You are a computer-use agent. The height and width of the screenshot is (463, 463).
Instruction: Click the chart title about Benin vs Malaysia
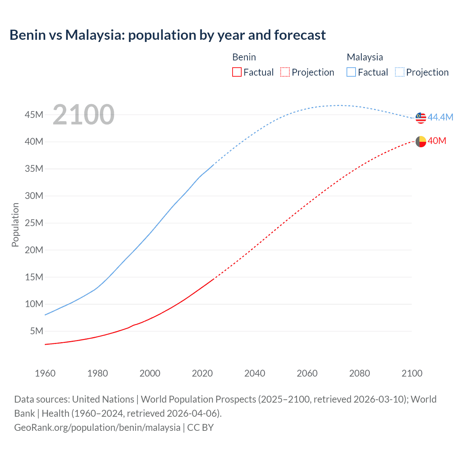click(x=167, y=35)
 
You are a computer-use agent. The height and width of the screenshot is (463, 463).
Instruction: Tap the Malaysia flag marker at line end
click(x=421, y=118)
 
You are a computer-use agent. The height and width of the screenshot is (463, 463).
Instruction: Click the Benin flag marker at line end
click(x=421, y=141)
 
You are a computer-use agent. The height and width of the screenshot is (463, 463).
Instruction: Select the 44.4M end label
click(x=440, y=117)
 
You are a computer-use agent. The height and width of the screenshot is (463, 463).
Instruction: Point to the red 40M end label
click(x=437, y=141)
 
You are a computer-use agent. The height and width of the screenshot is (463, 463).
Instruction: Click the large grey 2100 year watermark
click(x=84, y=115)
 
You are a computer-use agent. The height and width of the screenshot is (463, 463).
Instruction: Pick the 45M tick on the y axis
click(x=34, y=115)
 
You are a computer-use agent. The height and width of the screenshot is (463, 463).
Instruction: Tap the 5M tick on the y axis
click(x=37, y=331)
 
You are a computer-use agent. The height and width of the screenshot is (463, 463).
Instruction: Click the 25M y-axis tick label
click(x=34, y=223)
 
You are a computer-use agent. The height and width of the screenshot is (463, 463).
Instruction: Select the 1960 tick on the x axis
click(x=45, y=373)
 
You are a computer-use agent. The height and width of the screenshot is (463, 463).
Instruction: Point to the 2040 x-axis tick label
click(x=255, y=373)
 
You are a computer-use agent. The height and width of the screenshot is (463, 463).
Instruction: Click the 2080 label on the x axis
click(x=360, y=373)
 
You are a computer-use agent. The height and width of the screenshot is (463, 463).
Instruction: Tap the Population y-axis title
click(x=15, y=225)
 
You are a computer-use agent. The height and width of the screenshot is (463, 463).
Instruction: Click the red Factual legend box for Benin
click(x=237, y=72)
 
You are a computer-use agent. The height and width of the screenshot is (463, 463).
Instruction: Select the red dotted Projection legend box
click(x=285, y=72)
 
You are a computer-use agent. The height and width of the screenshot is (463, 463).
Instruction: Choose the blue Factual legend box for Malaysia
click(x=351, y=72)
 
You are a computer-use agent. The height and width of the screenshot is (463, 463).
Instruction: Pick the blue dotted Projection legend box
click(x=399, y=72)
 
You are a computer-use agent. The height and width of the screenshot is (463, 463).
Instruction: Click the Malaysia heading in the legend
click(x=365, y=57)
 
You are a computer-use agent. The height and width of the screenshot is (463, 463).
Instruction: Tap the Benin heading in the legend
click(x=244, y=57)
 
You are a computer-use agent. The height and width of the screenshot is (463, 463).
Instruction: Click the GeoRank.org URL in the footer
click(x=97, y=427)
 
